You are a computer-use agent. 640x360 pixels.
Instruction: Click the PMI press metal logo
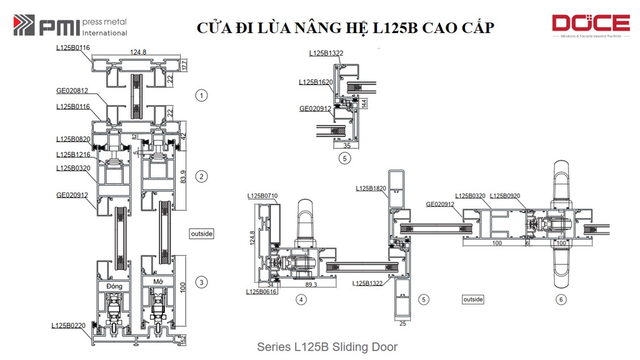coord(70,26)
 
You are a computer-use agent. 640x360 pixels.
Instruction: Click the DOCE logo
coord(590,26)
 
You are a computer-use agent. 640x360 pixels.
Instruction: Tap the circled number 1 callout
coord(201,96)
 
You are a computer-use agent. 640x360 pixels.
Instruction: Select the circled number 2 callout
coord(201,176)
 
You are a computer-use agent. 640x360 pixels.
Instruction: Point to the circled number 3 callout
coord(201,282)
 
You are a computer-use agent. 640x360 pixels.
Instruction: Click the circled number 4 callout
coord(302,300)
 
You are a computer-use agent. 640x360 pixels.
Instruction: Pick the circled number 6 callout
coord(561,300)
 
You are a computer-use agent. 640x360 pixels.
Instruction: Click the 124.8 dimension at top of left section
coord(138,52)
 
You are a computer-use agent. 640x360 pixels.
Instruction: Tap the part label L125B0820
coord(73,139)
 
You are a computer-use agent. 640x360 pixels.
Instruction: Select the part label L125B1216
coord(73,154)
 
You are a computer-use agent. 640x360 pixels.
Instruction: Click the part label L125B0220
coord(69,326)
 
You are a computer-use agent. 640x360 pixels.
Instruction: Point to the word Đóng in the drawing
coord(114,286)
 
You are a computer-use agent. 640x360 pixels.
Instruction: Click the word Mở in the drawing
coord(158,282)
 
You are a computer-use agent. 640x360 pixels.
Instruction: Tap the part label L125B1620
coord(316,82)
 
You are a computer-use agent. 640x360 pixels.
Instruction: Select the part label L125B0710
coord(262,196)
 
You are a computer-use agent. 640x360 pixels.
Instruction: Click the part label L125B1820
coord(371,188)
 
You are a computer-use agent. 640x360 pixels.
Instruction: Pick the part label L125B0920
coord(506,196)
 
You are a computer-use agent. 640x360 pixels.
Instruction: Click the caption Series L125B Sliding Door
coord(327,347)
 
